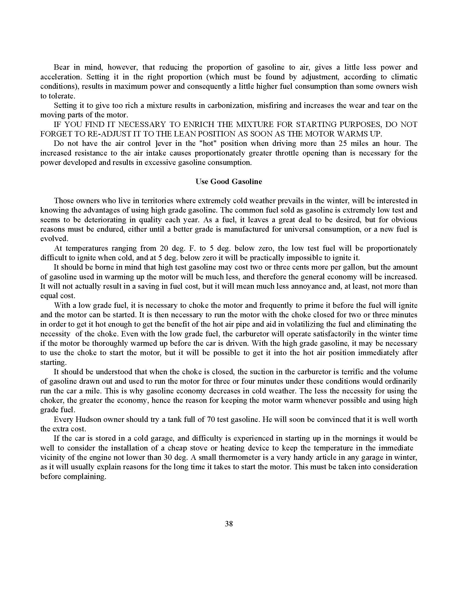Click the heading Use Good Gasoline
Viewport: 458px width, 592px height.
[x=229, y=182]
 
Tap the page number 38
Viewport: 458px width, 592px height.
[x=229, y=524]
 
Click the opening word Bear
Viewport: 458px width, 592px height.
[x=62, y=67]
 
